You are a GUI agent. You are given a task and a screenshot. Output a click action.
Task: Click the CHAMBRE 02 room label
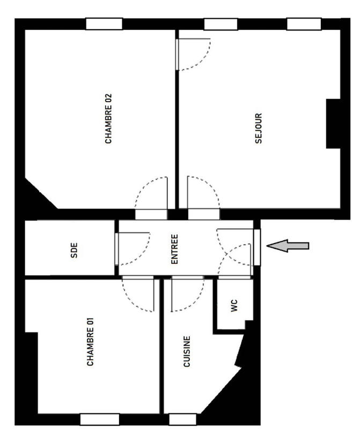(x=108, y=119)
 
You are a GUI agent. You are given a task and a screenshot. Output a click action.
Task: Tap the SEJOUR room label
(x=259, y=128)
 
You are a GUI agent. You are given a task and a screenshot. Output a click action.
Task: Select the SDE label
(x=74, y=249)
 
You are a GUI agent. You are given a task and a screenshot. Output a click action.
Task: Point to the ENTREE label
(x=174, y=249)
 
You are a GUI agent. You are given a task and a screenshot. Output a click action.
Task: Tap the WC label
(x=233, y=305)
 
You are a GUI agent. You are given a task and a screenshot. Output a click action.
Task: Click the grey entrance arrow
(x=288, y=246)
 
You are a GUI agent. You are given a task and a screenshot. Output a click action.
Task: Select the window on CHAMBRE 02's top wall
(x=104, y=24)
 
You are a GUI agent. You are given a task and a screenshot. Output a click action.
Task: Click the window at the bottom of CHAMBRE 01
(x=99, y=419)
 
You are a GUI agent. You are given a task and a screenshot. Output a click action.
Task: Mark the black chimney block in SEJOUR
(x=333, y=123)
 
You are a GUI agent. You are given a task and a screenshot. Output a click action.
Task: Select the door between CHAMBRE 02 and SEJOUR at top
(x=193, y=54)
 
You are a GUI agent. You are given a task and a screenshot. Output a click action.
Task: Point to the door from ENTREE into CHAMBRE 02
(x=151, y=196)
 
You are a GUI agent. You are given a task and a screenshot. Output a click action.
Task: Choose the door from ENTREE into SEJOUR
(x=203, y=196)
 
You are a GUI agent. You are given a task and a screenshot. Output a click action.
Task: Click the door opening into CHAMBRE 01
(x=138, y=295)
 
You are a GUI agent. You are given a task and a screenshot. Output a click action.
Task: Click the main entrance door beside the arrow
(x=256, y=247)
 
